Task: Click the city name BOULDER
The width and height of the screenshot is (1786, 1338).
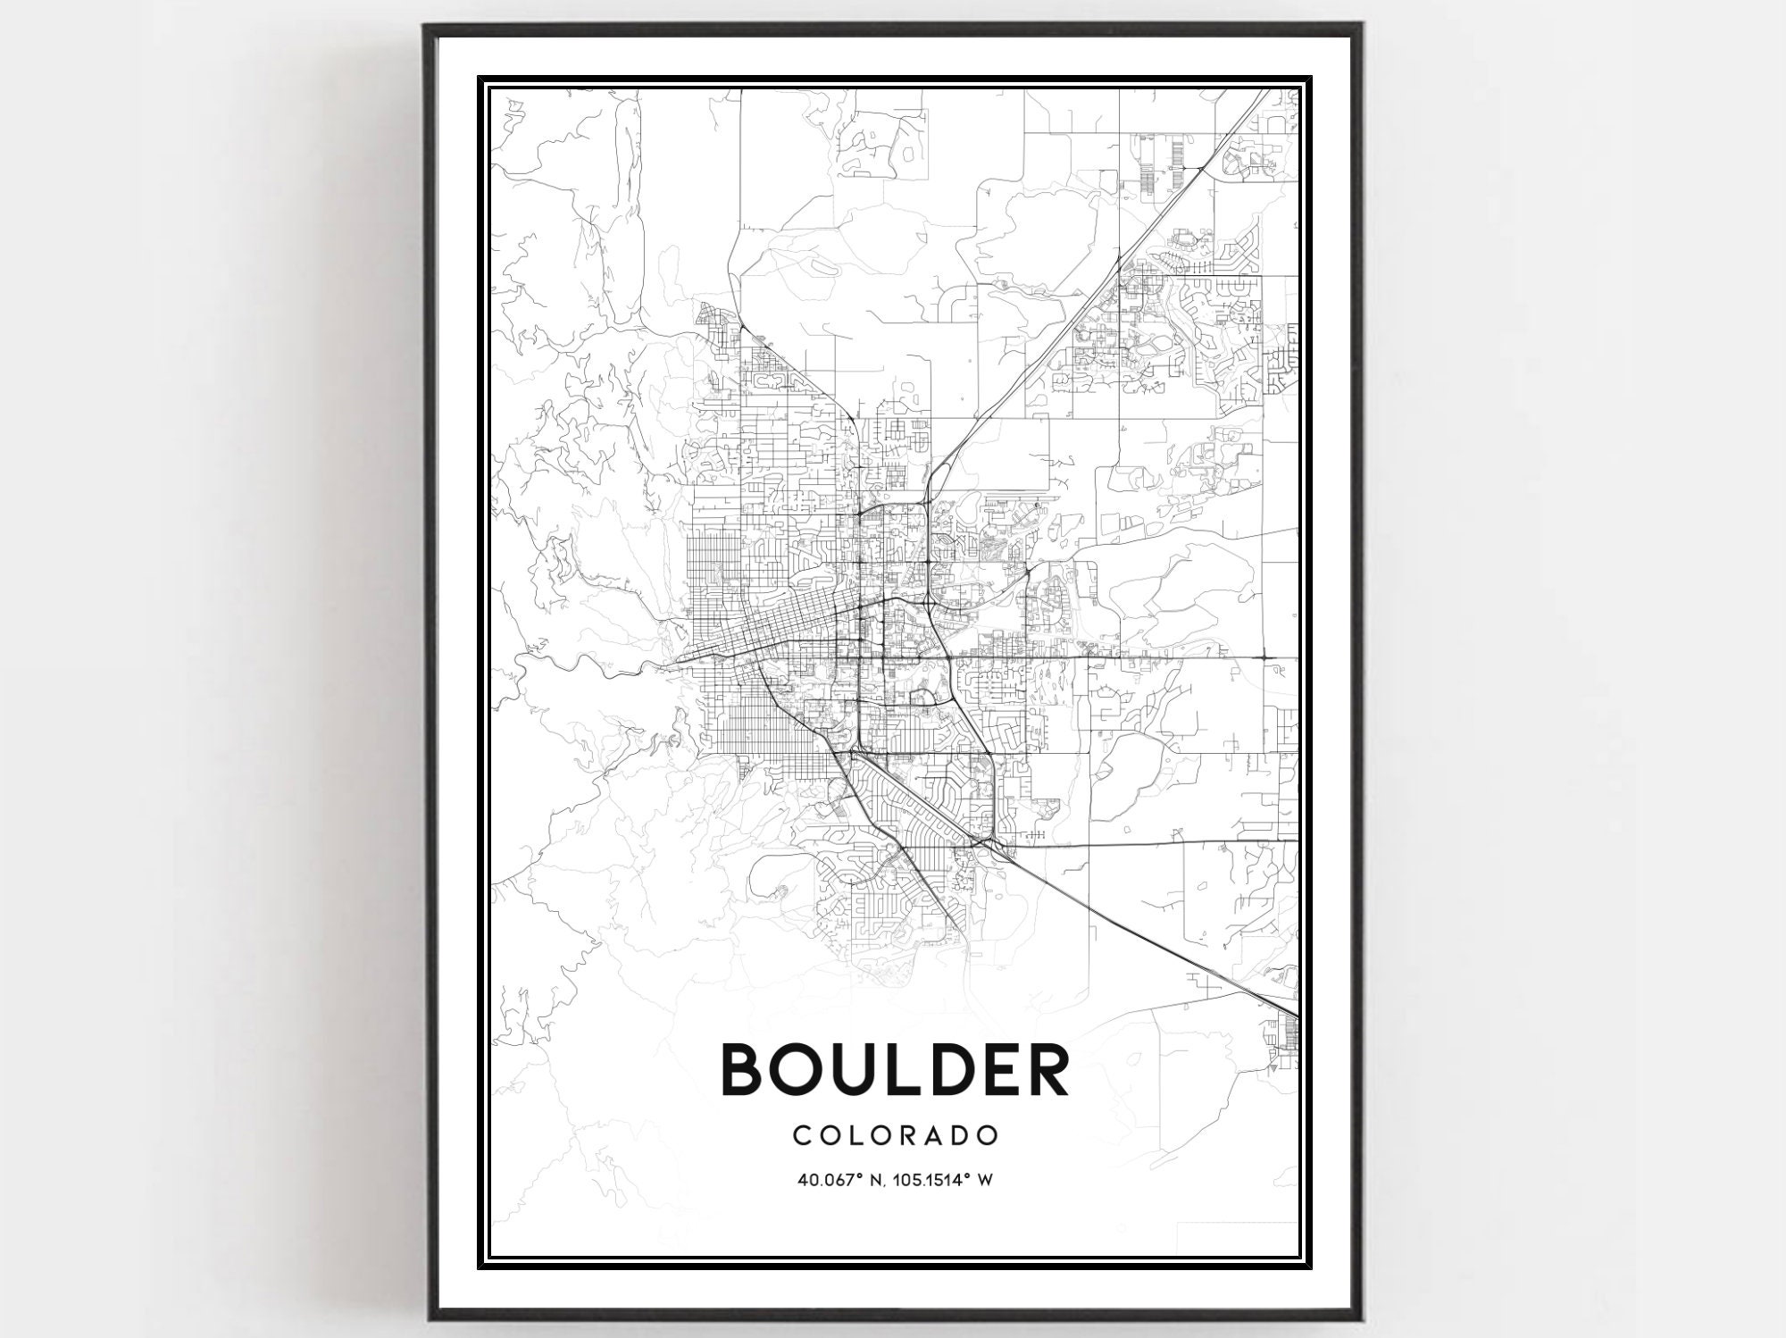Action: pos(895,1069)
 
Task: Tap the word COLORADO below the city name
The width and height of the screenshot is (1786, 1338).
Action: pos(895,1135)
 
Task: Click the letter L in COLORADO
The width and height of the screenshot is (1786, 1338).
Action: pos(854,1135)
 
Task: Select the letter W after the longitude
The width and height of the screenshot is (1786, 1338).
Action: pos(986,1180)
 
